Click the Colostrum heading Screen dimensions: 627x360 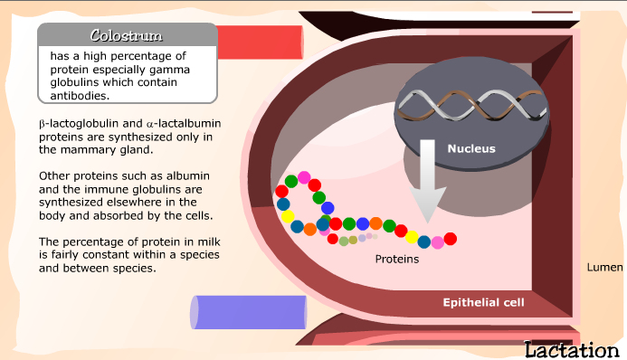(127, 35)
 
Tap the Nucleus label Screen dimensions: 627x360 (471, 148)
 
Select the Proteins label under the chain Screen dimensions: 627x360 (397, 260)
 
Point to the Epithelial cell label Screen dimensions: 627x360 (483, 302)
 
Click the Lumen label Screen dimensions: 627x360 (604, 268)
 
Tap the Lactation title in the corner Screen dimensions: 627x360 (572, 350)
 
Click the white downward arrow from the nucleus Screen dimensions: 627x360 (427, 181)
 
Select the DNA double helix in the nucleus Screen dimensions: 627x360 (472, 105)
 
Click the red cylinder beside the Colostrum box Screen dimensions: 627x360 (261, 43)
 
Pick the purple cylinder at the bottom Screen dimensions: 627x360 (248, 312)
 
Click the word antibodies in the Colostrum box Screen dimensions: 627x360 (80, 96)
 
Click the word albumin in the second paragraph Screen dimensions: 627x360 (187, 176)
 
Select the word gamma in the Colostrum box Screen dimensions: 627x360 (169, 70)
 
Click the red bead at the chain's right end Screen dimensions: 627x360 (451, 239)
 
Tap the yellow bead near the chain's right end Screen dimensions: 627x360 (412, 237)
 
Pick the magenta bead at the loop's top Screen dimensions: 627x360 (304, 177)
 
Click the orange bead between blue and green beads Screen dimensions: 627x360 (375, 223)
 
